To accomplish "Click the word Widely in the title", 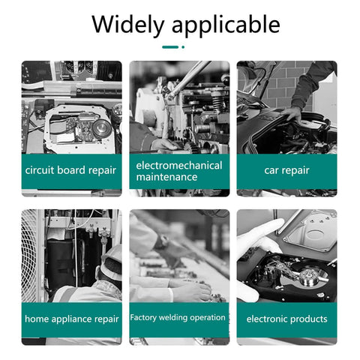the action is (x=127, y=24).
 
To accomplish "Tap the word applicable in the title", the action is (x=226, y=24).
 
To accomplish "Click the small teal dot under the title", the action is (x=183, y=47).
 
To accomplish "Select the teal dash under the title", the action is (x=170, y=47).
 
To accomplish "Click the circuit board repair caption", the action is (x=70, y=170).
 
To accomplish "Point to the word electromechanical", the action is (x=179, y=166).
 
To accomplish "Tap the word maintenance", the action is (x=166, y=177).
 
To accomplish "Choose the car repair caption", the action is (x=286, y=170).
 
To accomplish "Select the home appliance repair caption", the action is (x=72, y=319).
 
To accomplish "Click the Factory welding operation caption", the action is (x=178, y=317).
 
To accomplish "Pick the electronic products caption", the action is (x=286, y=319).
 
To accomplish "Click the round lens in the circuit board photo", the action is (x=102, y=128).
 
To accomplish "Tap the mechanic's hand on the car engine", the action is (x=292, y=114).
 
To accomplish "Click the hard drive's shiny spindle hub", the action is (x=310, y=277).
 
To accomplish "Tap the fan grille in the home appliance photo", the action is (x=29, y=256).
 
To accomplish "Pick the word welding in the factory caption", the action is (x=173, y=318).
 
